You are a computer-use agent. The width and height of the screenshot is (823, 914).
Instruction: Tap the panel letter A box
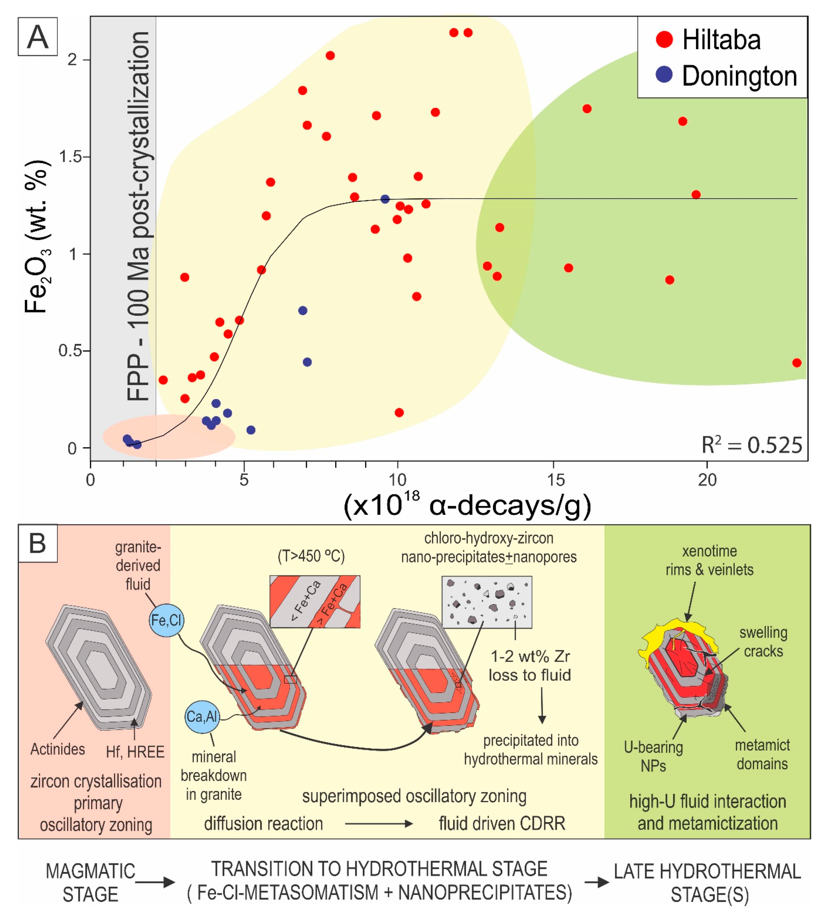point(37,37)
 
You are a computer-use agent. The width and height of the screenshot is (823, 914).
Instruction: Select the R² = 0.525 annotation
point(752,445)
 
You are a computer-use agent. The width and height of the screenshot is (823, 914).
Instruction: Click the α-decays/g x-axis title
point(467,505)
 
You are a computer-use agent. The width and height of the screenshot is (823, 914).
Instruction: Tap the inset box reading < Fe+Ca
point(315,601)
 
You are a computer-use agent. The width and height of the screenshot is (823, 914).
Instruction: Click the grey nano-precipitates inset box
point(487,601)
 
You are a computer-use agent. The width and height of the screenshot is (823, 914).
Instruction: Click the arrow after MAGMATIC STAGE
point(155,881)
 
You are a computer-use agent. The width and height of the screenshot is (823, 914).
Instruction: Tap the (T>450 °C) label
point(311,556)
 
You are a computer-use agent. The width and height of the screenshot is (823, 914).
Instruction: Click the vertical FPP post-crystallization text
point(138,216)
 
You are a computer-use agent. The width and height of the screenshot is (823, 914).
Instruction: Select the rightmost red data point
point(797,363)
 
